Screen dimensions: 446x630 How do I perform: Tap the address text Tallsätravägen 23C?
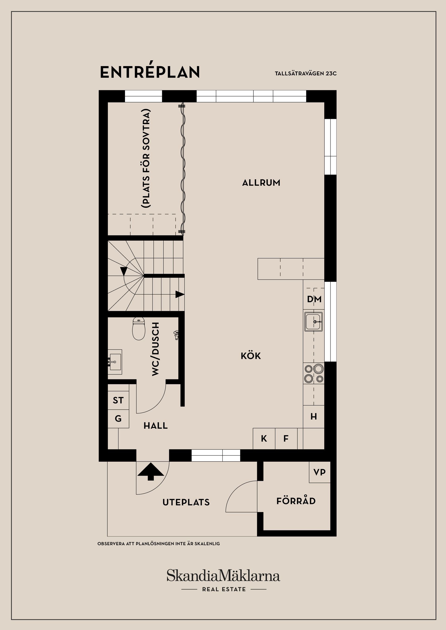click(x=305, y=74)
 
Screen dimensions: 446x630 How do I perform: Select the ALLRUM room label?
click(x=261, y=183)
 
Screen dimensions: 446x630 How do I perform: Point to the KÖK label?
click(x=251, y=356)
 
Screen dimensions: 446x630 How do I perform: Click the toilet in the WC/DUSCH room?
click(x=139, y=329)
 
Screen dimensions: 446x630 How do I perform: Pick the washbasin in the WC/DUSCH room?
click(x=115, y=362)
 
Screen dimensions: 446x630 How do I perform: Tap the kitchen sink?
click(x=314, y=321)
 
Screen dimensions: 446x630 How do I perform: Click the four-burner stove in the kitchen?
click(x=314, y=374)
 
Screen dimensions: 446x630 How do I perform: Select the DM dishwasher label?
click(x=314, y=299)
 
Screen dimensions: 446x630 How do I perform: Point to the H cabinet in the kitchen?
click(x=314, y=417)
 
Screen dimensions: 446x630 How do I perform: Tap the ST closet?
click(x=118, y=400)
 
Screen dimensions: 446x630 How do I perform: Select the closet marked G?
click(x=118, y=419)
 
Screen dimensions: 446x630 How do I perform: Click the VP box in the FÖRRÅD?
click(x=319, y=472)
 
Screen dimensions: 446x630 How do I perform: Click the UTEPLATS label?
click(x=186, y=502)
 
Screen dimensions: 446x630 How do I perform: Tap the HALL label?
click(x=156, y=426)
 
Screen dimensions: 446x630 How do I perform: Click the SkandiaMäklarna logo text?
click(x=223, y=576)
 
